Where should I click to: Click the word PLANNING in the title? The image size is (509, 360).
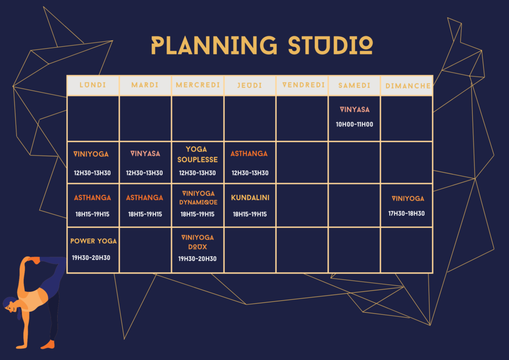pos(214,45)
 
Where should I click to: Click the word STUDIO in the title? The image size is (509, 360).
pos(331,45)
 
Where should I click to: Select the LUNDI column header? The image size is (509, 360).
pos(93,85)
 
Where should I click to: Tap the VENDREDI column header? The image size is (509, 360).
pos(303,85)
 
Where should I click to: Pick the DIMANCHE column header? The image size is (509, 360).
pos(408,86)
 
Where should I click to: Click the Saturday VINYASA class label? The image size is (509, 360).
pos(354,110)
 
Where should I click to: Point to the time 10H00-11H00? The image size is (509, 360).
pos(354,124)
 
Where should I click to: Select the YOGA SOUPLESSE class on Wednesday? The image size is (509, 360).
pos(197,155)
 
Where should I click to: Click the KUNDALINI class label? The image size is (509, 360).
pos(250,198)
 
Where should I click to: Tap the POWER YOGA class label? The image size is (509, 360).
pos(93,241)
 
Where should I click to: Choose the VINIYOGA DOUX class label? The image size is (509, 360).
pos(197,242)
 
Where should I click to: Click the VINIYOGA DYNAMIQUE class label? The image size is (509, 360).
pos(198,198)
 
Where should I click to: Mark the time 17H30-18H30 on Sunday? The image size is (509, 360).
pos(407,214)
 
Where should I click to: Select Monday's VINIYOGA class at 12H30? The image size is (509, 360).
pos(91,154)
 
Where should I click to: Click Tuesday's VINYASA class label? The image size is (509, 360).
pos(145,154)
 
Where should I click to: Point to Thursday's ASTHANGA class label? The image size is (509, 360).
pos(249,154)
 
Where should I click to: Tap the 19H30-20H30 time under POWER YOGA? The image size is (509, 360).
pos(91,258)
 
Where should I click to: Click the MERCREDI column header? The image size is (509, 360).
pos(198,85)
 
